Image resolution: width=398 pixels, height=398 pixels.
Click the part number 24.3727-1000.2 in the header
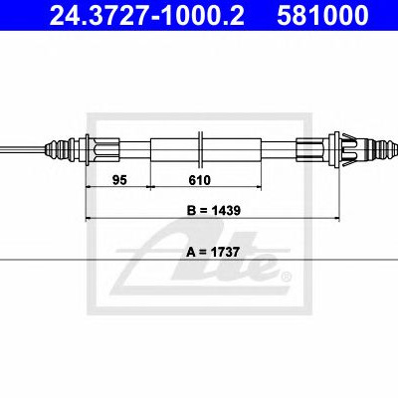pos(146,15)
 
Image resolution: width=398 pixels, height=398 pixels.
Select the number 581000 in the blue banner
pos(322,15)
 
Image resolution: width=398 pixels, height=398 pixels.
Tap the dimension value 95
pos(119,180)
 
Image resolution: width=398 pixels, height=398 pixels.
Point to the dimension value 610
pos(200,180)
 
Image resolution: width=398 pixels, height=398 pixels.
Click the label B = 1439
pos(214,210)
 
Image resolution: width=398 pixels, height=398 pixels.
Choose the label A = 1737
pos(213,252)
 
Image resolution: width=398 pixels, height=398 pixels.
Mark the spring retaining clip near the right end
pos(349,150)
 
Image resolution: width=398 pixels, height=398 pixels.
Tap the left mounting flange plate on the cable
pos(87,150)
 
